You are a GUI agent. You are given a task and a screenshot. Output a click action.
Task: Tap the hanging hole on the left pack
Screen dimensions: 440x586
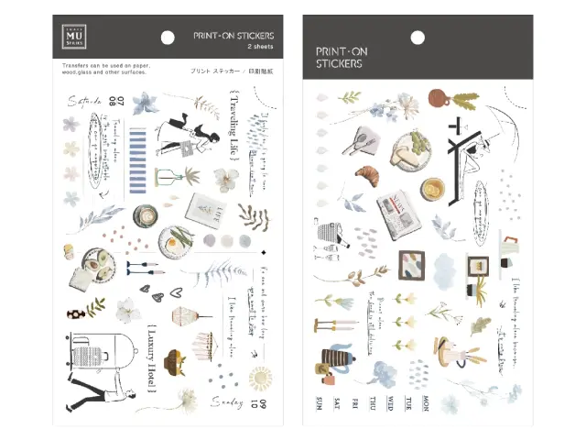tap(167, 38)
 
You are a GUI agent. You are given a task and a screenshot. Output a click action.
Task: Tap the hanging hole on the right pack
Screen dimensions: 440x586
tap(417, 38)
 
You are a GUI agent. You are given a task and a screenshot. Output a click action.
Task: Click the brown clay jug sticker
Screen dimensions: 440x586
tap(439, 94)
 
